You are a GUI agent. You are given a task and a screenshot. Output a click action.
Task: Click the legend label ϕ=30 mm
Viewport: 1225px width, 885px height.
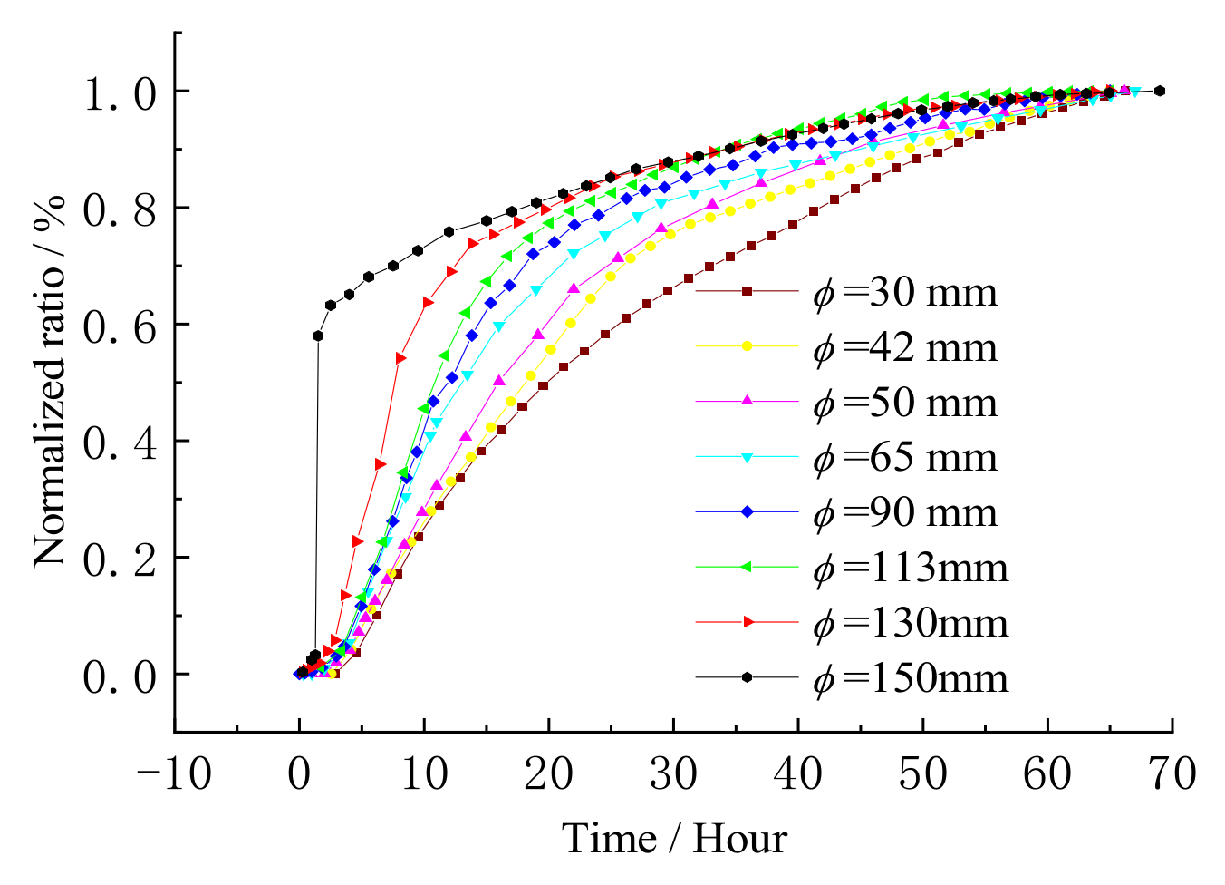[905, 292]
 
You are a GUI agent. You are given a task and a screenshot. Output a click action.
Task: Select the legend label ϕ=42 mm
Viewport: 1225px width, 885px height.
[905, 347]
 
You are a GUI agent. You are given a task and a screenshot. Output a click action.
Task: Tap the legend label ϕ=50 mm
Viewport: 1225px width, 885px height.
[905, 403]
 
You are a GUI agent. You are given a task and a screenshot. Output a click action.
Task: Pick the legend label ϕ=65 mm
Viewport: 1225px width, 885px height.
[905, 458]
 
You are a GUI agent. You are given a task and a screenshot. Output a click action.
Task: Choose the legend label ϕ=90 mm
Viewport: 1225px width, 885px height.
[905, 513]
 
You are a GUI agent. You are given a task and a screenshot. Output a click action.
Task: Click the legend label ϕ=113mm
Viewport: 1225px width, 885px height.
[911, 568]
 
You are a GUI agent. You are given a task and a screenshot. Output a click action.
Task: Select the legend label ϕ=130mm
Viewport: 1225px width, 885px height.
[911, 623]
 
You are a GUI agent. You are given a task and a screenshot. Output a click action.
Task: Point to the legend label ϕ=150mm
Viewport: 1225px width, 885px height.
[911, 678]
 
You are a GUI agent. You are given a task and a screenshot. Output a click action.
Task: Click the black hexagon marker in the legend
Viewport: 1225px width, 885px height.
[748, 677]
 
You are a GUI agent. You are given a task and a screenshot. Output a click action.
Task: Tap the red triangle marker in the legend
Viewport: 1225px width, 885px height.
[748, 622]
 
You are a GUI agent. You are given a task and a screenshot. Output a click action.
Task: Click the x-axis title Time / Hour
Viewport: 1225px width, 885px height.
[674, 839]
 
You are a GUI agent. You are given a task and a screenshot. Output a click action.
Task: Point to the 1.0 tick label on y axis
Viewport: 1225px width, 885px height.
[121, 93]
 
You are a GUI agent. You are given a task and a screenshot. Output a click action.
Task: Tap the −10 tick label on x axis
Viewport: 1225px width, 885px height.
[174, 775]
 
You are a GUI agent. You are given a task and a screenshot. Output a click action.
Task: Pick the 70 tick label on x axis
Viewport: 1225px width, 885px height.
[1172, 775]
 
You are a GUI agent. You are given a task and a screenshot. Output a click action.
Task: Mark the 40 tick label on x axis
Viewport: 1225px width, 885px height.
[798, 775]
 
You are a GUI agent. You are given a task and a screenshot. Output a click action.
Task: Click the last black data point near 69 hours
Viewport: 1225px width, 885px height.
[1160, 91]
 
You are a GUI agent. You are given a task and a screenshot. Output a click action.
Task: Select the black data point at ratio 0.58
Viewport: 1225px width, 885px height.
[318, 336]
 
